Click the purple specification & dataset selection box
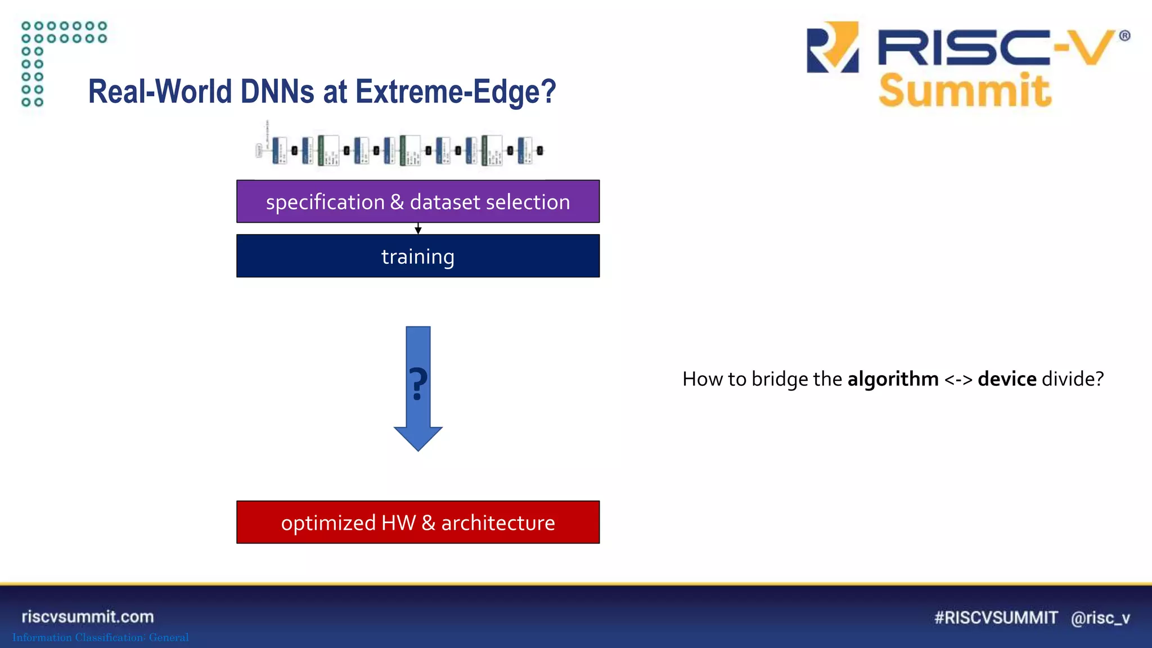click(418, 201)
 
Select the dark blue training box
click(418, 256)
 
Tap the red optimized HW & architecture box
click(418, 522)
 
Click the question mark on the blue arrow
click(418, 384)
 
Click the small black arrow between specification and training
click(418, 228)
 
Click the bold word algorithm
click(893, 379)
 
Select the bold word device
click(1007, 379)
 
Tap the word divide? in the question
click(1073, 379)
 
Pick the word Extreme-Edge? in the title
click(456, 92)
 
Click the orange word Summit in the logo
click(965, 91)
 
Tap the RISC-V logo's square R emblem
click(832, 47)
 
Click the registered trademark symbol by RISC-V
click(1124, 36)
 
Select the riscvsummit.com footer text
click(88, 616)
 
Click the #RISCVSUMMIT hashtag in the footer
click(996, 618)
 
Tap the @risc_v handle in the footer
click(1100, 618)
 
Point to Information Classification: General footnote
click(101, 637)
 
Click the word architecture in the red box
click(498, 523)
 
